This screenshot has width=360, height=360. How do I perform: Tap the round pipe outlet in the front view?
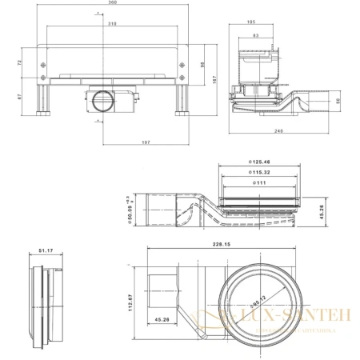tap(102, 102)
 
